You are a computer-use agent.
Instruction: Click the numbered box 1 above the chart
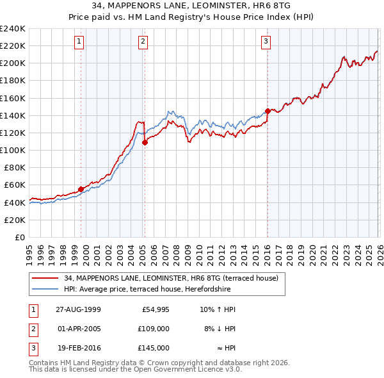coord(79,42)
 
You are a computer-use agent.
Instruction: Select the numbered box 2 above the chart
coord(142,42)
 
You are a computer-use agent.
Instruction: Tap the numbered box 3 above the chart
coord(266,42)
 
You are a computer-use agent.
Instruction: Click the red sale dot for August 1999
coord(81,189)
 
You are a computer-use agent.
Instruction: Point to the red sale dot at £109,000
coord(145,142)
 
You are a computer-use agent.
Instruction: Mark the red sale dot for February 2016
coord(267,111)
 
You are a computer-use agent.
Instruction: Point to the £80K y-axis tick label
coord(14,167)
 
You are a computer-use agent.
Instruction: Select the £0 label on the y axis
coord(20,237)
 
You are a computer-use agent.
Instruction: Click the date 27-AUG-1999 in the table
coord(79,309)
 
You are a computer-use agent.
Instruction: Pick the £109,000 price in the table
coord(154,328)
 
